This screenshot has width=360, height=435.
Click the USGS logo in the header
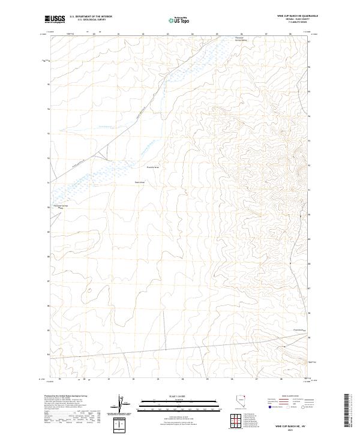tap(55, 20)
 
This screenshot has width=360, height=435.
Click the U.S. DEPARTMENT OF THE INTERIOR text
tap(91, 17)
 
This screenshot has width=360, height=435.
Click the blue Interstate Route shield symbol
tap(269, 406)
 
